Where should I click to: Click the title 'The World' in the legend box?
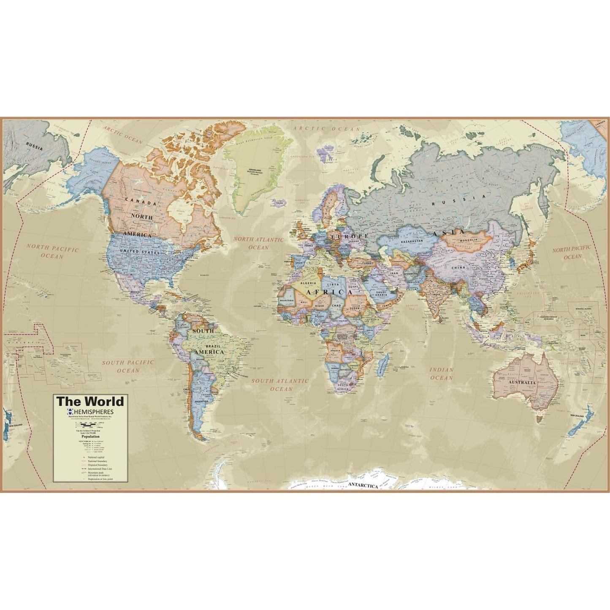90,401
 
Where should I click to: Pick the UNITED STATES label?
139,252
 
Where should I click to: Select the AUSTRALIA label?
522,383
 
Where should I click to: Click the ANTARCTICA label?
363,486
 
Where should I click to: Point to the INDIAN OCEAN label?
441,374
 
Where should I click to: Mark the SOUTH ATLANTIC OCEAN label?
280,385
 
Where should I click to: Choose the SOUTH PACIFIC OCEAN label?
128,366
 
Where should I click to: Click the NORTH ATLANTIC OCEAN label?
259,244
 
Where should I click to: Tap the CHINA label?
458,268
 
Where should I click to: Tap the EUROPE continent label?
349,236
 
